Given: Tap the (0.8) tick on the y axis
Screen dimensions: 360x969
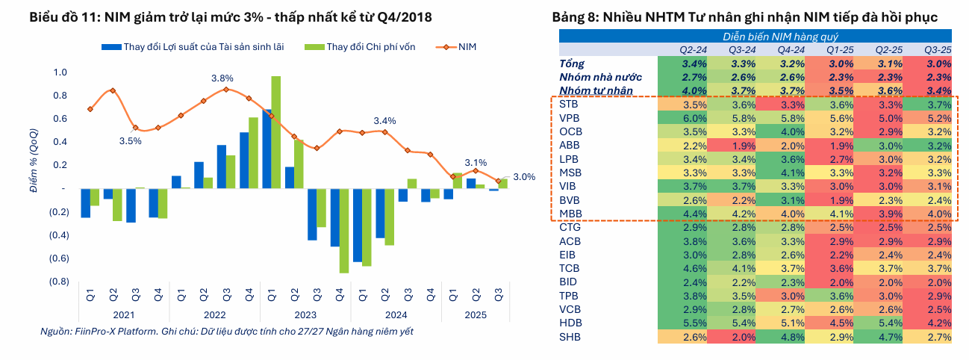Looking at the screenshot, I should point(57,282).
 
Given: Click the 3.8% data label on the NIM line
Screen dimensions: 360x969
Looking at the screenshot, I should point(222,78).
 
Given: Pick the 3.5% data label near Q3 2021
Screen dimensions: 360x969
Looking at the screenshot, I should point(130,140).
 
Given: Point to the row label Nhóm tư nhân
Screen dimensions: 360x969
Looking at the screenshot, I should point(596,90).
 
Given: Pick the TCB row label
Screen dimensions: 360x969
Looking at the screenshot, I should point(570,268).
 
